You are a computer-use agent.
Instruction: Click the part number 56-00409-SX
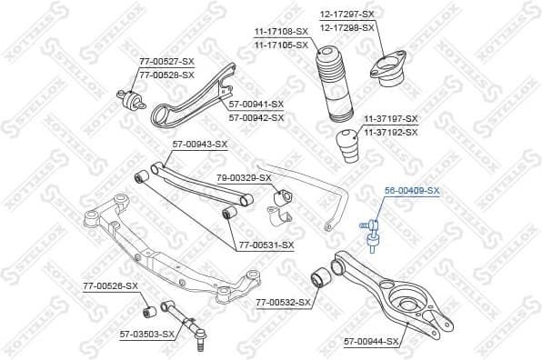[411, 191]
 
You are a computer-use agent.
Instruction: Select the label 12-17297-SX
[346, 14]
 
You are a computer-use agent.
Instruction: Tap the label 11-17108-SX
[281, 32]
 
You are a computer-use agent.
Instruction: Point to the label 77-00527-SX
[166, 61]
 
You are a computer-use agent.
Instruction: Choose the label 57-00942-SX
[256, 117]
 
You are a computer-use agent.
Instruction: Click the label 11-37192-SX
[391, 132]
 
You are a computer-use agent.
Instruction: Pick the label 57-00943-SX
[200, 145]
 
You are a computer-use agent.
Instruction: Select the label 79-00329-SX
[244, 177]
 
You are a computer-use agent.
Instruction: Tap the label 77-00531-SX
[266, 245]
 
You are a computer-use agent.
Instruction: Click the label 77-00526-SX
[110, 286]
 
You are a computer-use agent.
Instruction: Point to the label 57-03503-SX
[146, 335]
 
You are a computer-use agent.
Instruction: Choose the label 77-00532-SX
[283, 301]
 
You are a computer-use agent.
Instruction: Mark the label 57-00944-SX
[371, 342]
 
